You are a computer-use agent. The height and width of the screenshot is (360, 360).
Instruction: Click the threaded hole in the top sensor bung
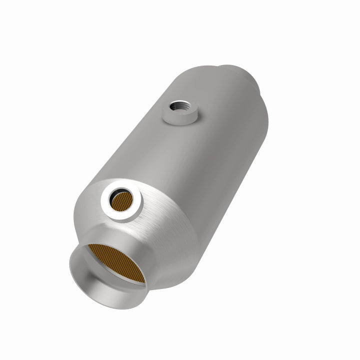pyautogui.click(x=177, y=106)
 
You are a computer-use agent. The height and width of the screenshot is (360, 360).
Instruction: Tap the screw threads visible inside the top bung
pyautogui.click(x=174, y=104)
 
